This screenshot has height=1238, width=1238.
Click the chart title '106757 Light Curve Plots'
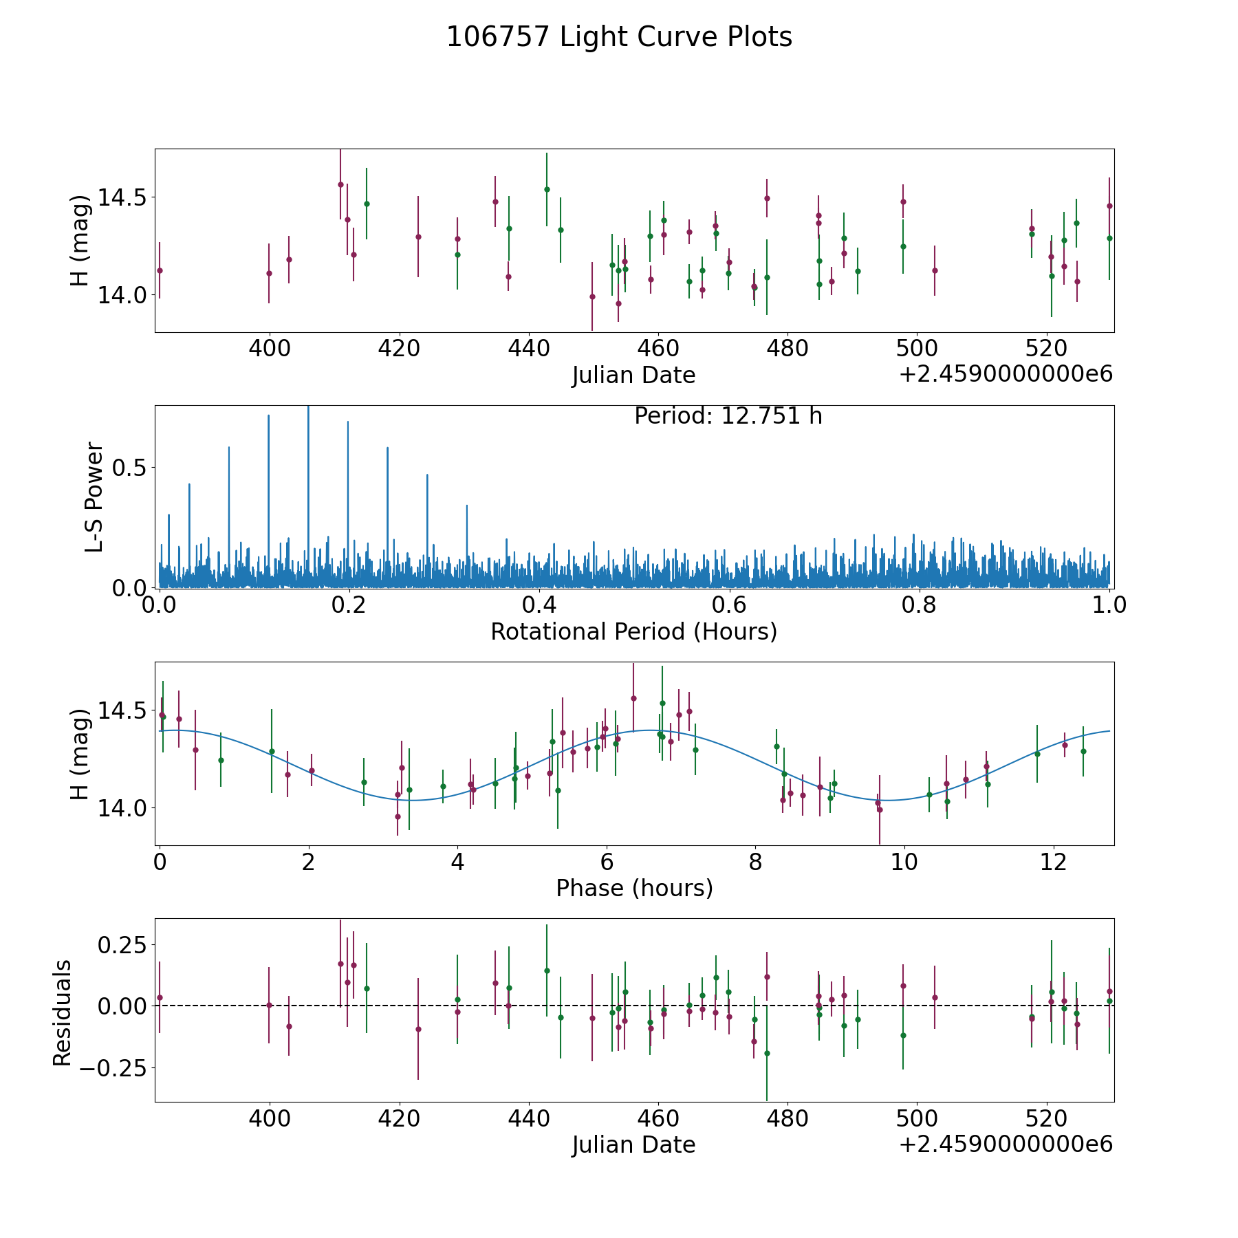coord(619,37)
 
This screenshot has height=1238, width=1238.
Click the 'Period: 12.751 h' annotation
coord(728,417)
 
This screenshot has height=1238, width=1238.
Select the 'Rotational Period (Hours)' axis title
coord(633,631)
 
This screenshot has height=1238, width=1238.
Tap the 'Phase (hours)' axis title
coord(633,888)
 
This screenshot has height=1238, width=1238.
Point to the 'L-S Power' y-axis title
coord(95,497)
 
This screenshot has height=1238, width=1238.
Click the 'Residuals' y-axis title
coord(63,1012)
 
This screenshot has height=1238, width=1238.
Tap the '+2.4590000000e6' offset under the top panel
coord(1006,375)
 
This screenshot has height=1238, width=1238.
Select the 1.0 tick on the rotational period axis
coord(1109,605)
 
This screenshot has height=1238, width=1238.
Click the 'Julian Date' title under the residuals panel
coord(633,1144)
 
